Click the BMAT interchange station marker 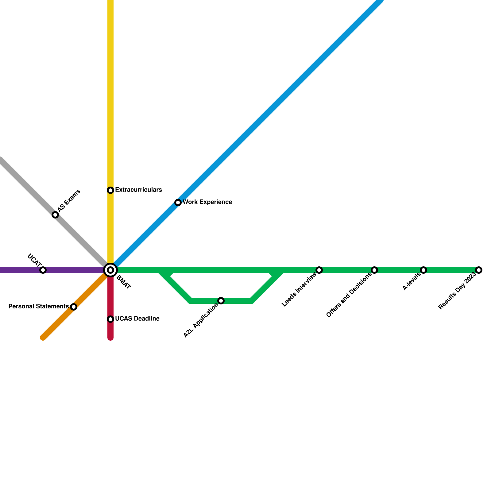pos(110,270)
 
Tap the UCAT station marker pos(43,270)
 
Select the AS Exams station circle pos(55,215)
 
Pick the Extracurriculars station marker pos(110,190)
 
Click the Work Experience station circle pos(178,203)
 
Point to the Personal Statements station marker pos(74,307)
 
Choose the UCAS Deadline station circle pos(110,319)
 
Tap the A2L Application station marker pos(221,301)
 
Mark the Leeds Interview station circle pos(319,270)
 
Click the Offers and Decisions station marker pos(374,270)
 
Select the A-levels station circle pos(423,270)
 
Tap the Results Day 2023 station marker pos(479,270)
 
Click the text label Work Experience pos(207,202)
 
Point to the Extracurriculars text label pos(138,190)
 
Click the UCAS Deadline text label pos(137,319)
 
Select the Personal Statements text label pos(38,307)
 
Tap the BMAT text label pos(124,283)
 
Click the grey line pos(28,187)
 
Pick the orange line pos(58,322)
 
